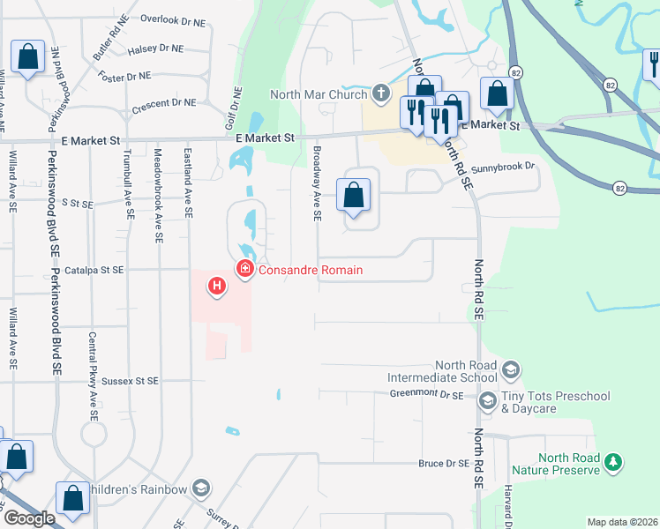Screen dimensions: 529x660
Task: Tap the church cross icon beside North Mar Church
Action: (381, 93)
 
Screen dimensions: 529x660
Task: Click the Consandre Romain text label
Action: (310, 270)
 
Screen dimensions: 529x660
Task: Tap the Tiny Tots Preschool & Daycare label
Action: (555, 402)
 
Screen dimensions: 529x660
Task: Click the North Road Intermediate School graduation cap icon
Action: (512, 369)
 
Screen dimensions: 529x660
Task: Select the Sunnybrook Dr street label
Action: (503, 166)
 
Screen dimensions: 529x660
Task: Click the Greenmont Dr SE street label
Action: (426, 395)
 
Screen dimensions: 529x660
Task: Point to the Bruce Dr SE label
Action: (443, 463)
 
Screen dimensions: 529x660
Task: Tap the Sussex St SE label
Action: (131, 381)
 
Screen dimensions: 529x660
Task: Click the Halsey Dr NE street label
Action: (155, 49)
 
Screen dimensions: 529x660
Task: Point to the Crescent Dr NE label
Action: (163, 103)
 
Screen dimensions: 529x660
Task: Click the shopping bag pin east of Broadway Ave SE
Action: (353, 195)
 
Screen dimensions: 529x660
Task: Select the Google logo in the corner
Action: (29, 518)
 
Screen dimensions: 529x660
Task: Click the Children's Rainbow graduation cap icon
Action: (201, 489)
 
